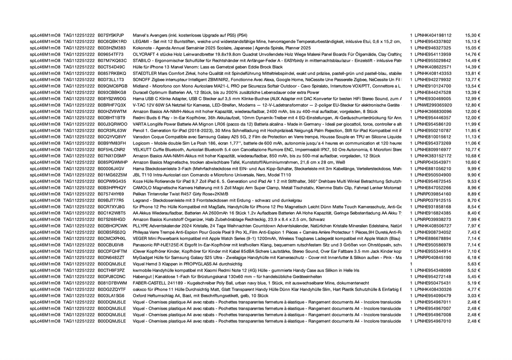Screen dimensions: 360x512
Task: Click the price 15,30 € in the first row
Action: tap(472, 35)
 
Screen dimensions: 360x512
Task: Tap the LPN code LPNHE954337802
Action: tap(433, 41)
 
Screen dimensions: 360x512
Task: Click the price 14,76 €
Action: tap(472, 54)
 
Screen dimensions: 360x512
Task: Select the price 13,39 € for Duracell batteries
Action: tap(472, 92)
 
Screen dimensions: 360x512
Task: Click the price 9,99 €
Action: tap(473, 168)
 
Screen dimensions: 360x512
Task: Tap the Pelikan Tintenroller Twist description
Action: tap(180, 193)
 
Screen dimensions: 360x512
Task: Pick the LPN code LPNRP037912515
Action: tap(433, 200)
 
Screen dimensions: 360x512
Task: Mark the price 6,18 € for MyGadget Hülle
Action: tap(473, 257)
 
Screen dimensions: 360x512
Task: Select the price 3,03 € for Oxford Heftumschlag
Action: tap(473, 295)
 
